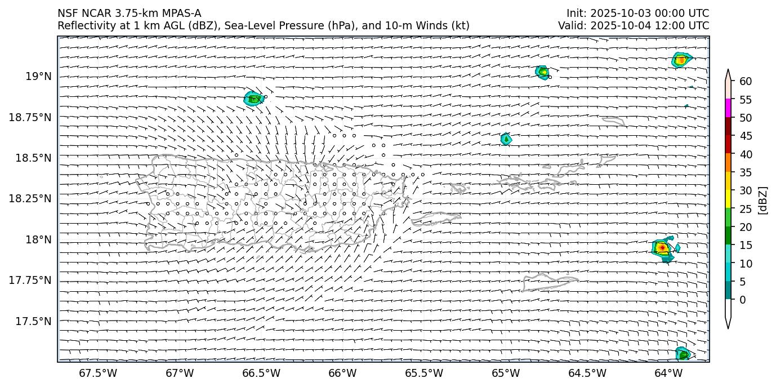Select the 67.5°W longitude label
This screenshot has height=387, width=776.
pos(98,373)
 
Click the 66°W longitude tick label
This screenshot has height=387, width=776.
pos(342,373)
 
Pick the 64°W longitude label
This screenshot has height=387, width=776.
pos(668,373)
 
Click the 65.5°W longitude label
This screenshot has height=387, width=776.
pos(424,373)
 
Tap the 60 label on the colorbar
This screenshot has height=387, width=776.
pos(745,82)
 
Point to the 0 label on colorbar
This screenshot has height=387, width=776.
pos(742,300)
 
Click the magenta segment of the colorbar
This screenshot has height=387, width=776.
pos(728,108)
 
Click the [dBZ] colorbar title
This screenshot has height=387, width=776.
pos(763,200)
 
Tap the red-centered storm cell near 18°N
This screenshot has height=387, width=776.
pos(663,247)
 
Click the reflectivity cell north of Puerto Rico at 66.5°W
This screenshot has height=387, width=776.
pos(253,99)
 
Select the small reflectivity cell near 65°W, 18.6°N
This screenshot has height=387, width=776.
pos(506,139)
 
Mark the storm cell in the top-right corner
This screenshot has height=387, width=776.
pos(681,59)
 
